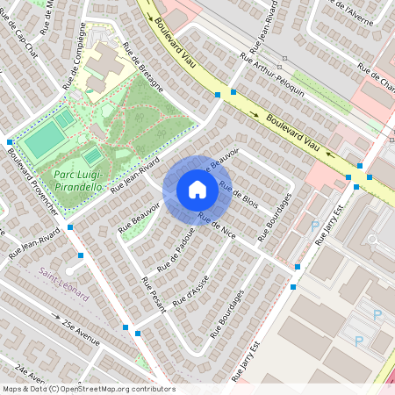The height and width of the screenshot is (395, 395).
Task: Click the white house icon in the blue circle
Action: [197, 190]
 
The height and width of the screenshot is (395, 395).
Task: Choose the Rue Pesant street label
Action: [154, 301]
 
